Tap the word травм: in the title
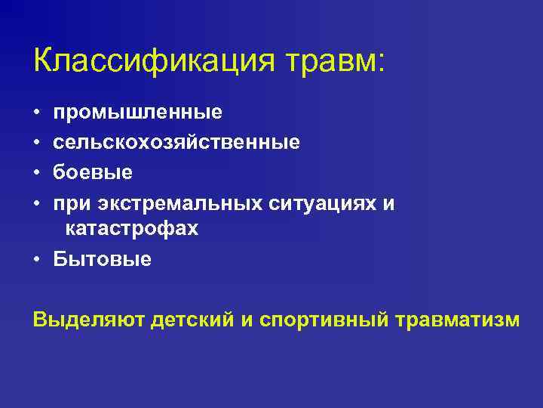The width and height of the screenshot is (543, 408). pyautogui.click(x=334, y=60)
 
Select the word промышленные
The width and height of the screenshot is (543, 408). pyautogui.click(x=138, y=113)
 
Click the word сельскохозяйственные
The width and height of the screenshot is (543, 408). pyautogui.click(x=176, y=142)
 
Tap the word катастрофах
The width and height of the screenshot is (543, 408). pyautogui.click(x=132, y=229)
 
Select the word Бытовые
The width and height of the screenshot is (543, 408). pyautogui.click(x=103, y=259)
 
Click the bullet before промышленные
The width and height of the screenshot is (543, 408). pyautogui.click(x=37, y=113)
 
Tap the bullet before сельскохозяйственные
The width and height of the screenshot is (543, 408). pyautogui.click(x=37, y=143)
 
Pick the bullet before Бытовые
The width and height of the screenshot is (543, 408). pyautogui.click(x=37, y=260)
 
